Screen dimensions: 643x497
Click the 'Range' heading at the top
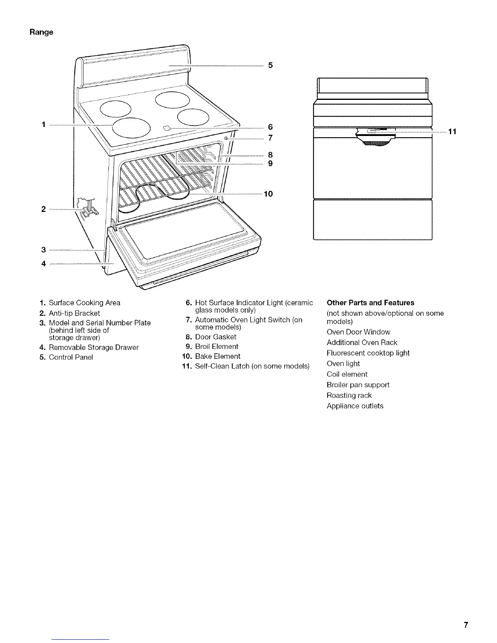click(x=41, y=32)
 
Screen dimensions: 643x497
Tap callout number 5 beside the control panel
click(x=270, y=65)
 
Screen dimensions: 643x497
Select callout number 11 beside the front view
click(x=453, y=132)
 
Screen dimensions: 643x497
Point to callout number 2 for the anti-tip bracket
click(x=43, y=209)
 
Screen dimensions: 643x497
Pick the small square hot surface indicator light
click(x=166, y=129)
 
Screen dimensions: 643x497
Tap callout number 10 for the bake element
click(x=268, y=194)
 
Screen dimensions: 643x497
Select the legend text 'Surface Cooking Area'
click(x=84, y=303)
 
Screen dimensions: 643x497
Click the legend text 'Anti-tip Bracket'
click(x=74, y=313)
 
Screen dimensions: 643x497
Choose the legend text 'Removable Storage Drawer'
click(x=94, y=347)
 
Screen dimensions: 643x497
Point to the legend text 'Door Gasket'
click(x=216, y=337)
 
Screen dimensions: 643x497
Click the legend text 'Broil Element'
click(x=216, y=347)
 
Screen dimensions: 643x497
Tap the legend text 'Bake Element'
click(x=218, y=356)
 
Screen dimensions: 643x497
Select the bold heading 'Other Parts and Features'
click(x=370, y=303)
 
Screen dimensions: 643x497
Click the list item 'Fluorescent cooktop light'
click(x=368, y=353)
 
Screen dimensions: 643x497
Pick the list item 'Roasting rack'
click(x=349, y=395)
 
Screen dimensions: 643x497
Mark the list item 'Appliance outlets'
click(x=355, y=406)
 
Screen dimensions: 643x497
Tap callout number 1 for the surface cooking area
click(x=43, y=125)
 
